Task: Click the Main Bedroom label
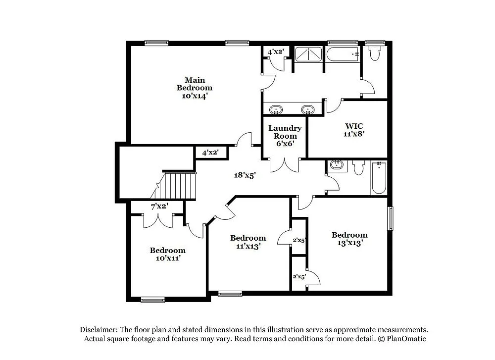click(195, 88)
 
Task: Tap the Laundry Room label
click(285, 136)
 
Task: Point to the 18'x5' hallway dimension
click(245, 175)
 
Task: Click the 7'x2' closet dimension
click(159, 206)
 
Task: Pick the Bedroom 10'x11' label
click(167, 254)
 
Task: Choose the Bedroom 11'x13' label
click(247, 242)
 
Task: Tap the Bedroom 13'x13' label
click(349, 239)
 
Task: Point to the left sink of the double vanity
click(276, 109)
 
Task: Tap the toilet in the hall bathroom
click(359, 167)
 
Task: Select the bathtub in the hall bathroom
click(379, 177)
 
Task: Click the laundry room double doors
click(284, 165)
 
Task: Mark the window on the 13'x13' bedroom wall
click(390, 218)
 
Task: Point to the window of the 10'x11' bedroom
click(152, 299)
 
